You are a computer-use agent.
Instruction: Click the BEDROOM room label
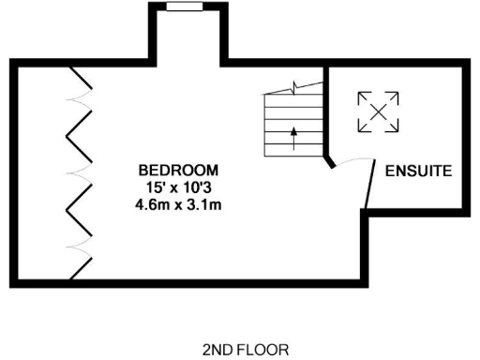point(178,171)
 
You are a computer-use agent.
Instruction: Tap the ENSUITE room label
point(419,172)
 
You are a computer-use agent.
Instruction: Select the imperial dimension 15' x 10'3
point(178,187)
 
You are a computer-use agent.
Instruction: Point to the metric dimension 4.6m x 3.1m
point(178,202)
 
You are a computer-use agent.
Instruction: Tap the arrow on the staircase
point(294,134)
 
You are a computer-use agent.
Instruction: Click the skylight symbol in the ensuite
point(378,112)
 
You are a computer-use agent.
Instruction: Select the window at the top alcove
point(184,7)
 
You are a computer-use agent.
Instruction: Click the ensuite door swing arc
point(352,161)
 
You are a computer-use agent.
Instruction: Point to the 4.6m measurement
point(152,202)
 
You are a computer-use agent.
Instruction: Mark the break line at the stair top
point(294,87)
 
